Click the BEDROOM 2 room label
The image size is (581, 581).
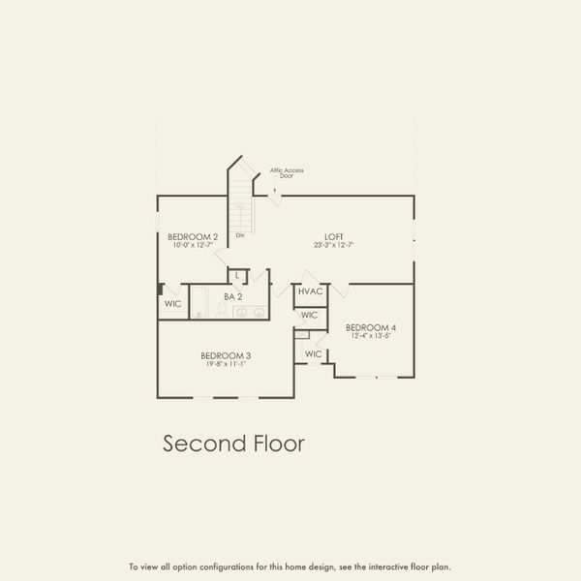[x=193, y=237]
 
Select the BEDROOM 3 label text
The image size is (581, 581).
[x=226, y=355]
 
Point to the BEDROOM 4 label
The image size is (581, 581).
[x=371, y=327]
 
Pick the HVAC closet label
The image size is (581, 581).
[x=310, y=291]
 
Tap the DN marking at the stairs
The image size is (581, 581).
[x=239, y=235]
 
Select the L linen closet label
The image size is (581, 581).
[x=237, y=277]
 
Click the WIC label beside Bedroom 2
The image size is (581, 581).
[x=172, y=303]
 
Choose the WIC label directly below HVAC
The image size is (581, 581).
[x=309, y=316]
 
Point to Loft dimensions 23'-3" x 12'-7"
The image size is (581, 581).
[x=335, y=246]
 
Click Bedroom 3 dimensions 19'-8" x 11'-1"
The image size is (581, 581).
[x=226, y=364]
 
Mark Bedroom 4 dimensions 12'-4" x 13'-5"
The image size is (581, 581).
[x=371, y=336]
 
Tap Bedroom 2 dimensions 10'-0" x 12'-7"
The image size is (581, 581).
[x=193, y=246]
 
